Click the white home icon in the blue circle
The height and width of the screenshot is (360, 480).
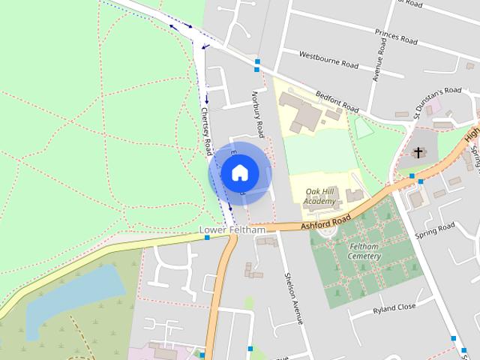point(239,173)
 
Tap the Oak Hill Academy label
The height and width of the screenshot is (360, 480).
point(320,196)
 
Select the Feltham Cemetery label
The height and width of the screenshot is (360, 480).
point(364,251)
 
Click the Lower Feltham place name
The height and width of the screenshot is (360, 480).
point(232,229)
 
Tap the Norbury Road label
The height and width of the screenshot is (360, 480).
point(257,115)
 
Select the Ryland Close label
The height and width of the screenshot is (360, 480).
point(393,308)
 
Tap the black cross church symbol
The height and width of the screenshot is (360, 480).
point(418,153)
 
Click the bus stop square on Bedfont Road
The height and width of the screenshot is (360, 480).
point(257,61)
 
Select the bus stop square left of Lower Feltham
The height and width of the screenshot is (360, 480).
point(207,238)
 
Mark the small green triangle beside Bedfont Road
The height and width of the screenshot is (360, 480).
point(364,129)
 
